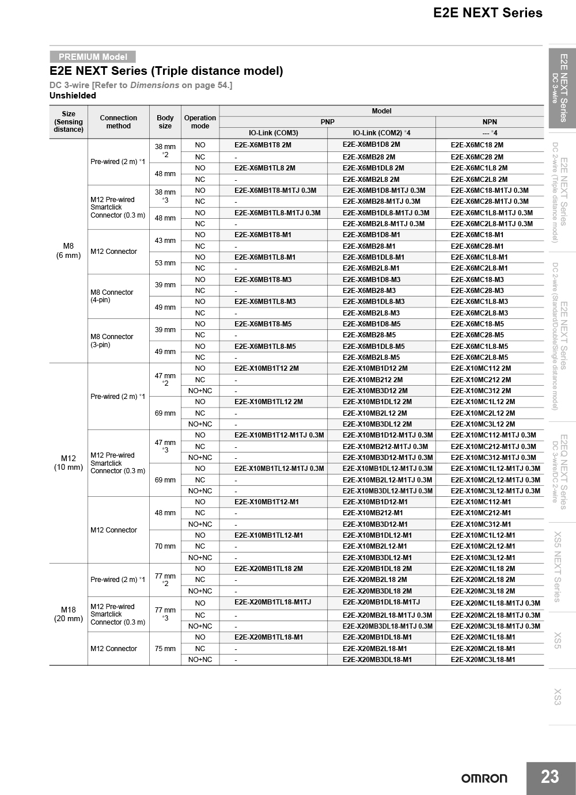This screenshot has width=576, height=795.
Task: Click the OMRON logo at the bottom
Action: click(x=484, y=778)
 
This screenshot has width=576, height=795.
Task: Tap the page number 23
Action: click(x=550, y=777)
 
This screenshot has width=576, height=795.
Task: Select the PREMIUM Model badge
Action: click(x=93, y=57)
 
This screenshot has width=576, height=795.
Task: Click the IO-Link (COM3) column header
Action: click(x=273, y=133)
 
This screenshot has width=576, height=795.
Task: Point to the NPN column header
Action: click(x=490, y=122)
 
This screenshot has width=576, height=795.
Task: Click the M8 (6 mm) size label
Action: click(x=69, y=251)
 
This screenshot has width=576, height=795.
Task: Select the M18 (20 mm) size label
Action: click(x=69, y=614)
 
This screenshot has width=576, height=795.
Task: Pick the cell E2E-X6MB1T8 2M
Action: click(x=263, y=145)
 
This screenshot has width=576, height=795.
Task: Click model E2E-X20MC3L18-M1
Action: click(x=483, y=660)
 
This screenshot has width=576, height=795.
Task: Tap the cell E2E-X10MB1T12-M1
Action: click(x=267, y=502)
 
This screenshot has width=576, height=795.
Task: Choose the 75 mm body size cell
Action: click(x=165, y=649)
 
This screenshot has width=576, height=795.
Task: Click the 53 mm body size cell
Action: click(x=165, y=263)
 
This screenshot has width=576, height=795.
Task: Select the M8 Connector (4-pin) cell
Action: click(x=112, y=296)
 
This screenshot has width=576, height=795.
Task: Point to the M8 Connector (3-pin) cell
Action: click(x=112, y=341)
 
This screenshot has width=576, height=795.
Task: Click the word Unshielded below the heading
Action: click(x=73, y=96)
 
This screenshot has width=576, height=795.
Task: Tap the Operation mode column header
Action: click(x=200, y=122)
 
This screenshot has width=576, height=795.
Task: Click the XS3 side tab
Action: click(x=557, y=697)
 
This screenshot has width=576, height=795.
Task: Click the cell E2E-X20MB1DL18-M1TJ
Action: click(x=381, y=602)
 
